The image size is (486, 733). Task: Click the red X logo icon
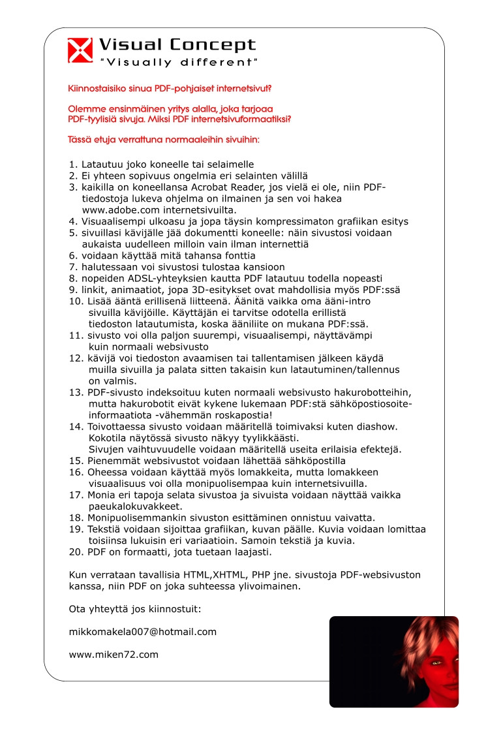(80, 50)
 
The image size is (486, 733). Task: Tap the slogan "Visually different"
(178, 63)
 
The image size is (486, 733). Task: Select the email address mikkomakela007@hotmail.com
(142, 632)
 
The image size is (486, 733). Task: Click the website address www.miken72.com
(114, 654)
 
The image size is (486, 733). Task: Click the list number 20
(75, 552)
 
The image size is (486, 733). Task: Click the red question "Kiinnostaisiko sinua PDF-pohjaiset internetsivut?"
(170, 88)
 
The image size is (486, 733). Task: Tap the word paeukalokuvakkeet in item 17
(134, 507)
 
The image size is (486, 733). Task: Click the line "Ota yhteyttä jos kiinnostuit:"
(135, 609)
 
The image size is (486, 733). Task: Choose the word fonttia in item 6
(239, 255)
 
